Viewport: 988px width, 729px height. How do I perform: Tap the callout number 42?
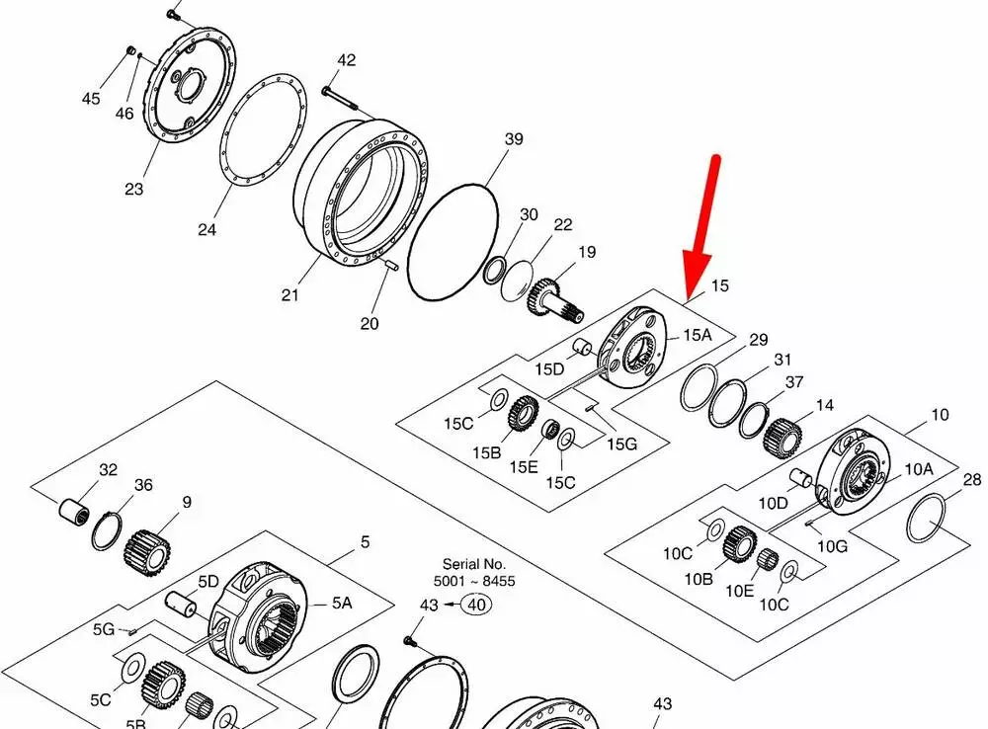coord(347,60)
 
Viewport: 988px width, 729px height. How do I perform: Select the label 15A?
coord(697,335)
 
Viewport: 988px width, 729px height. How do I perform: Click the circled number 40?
coord(476,605)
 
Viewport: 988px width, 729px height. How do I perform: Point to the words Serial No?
coord(474,564)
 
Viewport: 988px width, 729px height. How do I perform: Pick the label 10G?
coord(832,546)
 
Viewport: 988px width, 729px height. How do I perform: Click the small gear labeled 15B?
coord(522,413)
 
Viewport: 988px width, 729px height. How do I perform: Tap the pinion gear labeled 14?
coord(782,439)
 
